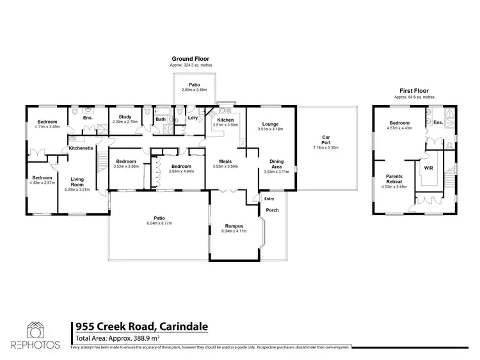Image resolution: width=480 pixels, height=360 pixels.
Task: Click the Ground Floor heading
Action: [x=192, y=58]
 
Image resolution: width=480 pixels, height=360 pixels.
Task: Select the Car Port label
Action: [x=326, y=139]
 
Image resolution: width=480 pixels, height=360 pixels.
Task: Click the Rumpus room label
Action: [x=234, y=225]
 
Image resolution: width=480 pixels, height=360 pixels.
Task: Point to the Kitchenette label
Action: [x=82, y=148]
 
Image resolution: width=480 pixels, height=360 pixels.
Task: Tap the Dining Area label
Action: [x=278, y=164]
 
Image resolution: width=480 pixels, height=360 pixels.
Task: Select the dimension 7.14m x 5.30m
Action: [x=326, y=147]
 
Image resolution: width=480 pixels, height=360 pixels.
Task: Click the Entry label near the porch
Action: [x=269, y=199]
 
